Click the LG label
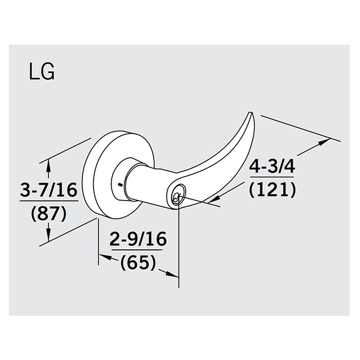click(x=41, y=73)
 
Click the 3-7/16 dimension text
click(x=49, y=190)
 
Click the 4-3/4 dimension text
click(x=272, y=167)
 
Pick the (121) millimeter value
click(x=272, y=190)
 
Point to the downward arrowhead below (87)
click(x=49, y=238)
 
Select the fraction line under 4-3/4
click(x=272, y=178)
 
